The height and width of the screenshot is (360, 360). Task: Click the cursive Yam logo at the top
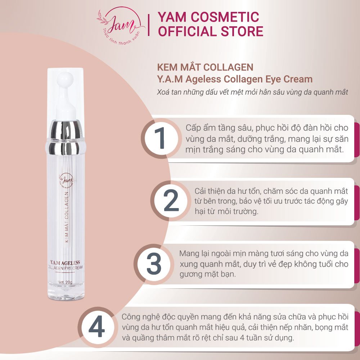121,25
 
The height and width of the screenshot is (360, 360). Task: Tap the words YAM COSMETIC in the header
208,17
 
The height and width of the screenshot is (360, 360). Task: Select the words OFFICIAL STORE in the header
211,31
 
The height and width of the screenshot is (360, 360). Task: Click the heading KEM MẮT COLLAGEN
205,67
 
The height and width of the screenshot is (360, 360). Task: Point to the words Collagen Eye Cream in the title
268,79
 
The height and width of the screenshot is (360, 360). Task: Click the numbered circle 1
160,138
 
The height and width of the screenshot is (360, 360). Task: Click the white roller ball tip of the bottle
65,80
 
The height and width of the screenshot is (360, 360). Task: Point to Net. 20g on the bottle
65,282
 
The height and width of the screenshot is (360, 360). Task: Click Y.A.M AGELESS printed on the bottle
65,262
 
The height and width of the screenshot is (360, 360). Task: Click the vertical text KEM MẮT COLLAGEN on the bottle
66,217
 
